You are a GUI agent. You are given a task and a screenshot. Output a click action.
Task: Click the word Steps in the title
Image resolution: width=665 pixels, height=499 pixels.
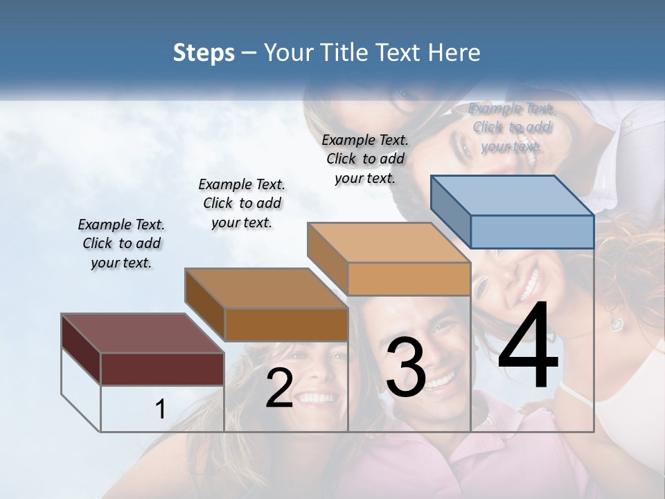point(204,53)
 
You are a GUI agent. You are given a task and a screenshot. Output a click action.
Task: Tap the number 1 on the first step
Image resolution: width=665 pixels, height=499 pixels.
point(160,410)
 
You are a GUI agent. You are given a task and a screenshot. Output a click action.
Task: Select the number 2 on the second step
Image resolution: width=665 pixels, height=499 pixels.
point(279,389)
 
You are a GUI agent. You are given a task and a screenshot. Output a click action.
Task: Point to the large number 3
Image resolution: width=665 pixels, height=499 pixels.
point(405,367)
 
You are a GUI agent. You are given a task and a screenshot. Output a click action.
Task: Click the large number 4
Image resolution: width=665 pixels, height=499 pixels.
point(528,347)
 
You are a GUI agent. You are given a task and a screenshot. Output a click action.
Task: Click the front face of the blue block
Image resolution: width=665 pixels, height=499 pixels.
point(532,231)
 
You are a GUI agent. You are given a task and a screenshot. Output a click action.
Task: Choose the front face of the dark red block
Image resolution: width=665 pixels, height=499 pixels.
point(162,369)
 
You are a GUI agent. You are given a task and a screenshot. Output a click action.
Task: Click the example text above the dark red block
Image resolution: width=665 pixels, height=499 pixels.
point(121,244)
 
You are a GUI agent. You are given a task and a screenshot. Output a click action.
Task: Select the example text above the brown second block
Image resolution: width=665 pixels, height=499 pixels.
point(242,203)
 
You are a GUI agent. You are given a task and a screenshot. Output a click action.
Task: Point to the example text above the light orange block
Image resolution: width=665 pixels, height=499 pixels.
point(365,159)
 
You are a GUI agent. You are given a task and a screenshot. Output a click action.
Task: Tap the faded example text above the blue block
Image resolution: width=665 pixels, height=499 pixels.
point(511,127)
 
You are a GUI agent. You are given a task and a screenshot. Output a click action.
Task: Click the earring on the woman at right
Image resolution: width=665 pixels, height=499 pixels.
point(616,323)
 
